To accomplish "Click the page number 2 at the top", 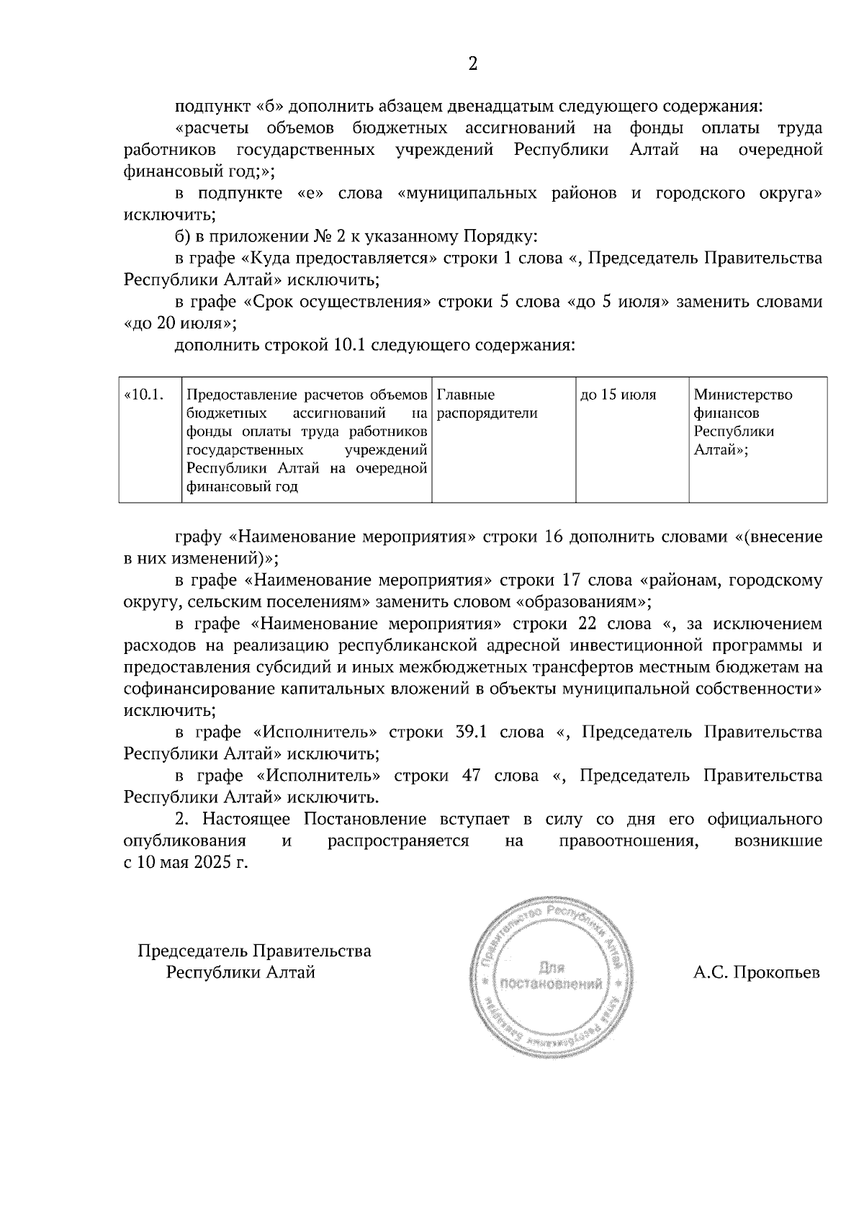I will tap(472, 64).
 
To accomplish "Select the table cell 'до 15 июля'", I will tap(618, 395).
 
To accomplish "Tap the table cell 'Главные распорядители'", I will tap(487, 404).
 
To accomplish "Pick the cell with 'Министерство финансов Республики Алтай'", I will tap(742, 422).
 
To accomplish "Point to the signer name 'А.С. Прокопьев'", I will tap(757, 974).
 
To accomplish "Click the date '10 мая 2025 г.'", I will tap(191, 863).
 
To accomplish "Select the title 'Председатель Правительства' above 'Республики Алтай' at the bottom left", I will tap(254, 951).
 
